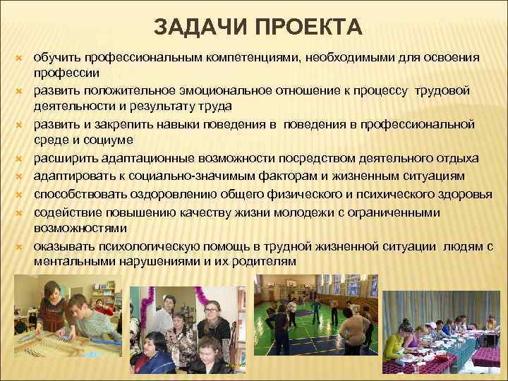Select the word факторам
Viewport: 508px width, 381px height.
(283, 172)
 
